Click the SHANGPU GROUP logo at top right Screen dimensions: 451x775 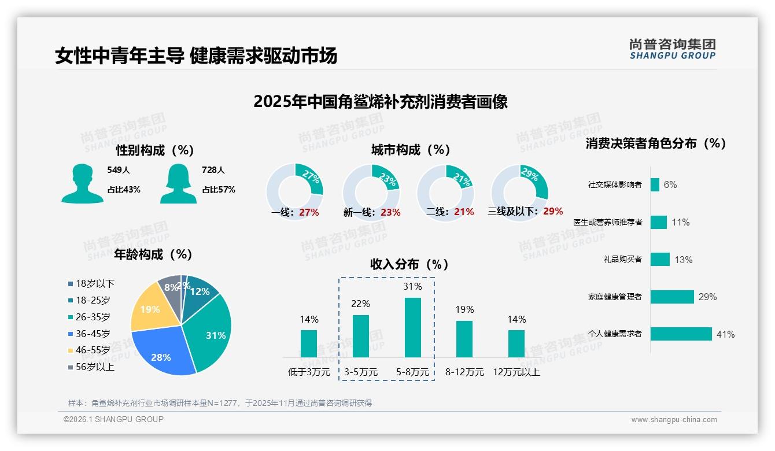(672, 49)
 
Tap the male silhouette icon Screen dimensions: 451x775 (82, 184)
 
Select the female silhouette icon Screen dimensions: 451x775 (178, 184)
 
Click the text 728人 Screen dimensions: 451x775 (213, 170)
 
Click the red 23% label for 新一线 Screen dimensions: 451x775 (390, 212)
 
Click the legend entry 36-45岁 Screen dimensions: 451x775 (93, 334)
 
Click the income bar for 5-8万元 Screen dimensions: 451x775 (412, 327)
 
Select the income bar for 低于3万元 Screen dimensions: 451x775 (309, 343)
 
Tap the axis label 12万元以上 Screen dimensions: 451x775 (516, 372)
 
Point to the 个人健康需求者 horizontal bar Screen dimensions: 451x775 (681, 334)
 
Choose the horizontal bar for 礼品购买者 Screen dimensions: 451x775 (660, 260)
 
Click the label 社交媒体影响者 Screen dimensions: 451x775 (614, 185)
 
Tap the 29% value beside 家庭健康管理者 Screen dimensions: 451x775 (707, 297)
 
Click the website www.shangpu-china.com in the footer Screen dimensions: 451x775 (674, 420)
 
